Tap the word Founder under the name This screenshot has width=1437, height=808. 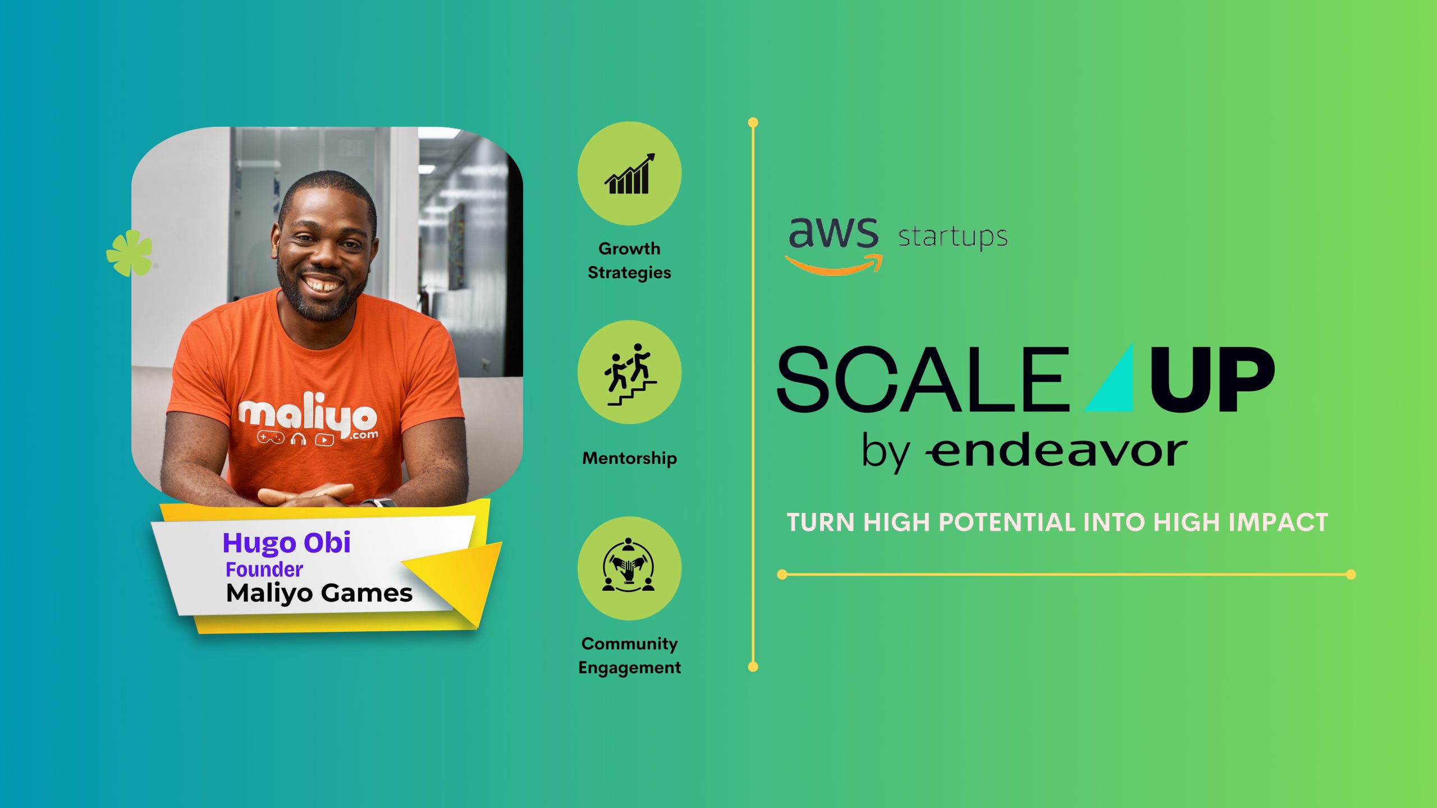click(264, 570)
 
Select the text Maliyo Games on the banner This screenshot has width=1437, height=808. click(319, 594)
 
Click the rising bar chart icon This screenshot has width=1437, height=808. click(629, 174)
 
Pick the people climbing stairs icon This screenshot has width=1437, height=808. click(630, 374)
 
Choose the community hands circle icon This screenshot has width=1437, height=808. click(629, 565)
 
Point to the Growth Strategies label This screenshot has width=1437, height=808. click(629, 260)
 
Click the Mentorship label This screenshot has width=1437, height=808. click(630, 458)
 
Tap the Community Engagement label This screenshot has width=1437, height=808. click(630, 655)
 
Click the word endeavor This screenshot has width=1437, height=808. click(1056, 451)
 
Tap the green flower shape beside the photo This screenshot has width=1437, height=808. click(130, 252)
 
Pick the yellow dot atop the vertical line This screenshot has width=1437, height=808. click(753, 122)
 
